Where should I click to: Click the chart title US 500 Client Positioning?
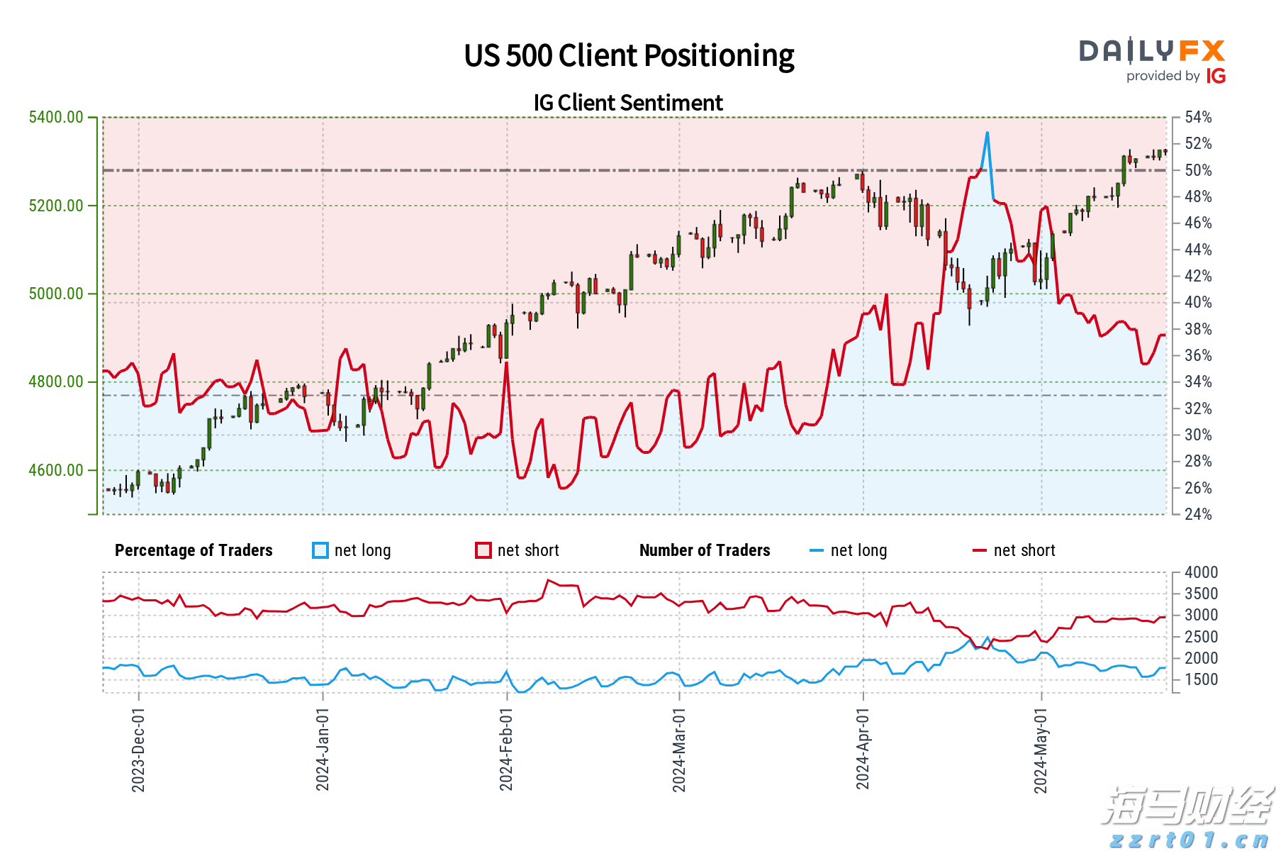point(629,56)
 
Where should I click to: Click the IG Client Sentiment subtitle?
point(628,103)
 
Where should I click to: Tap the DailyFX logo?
point(1152,51)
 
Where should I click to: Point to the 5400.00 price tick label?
point(56,117)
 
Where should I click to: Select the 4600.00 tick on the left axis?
point(56,470)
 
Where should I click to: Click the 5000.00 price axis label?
point(56,294)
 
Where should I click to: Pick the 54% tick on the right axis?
point(1198,117)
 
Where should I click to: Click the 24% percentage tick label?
point(1198,514)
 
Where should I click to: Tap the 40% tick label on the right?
point(1198,302)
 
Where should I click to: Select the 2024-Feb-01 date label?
point(506,749)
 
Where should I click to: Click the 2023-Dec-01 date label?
point(138,750)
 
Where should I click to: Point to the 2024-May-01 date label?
point(1041,750)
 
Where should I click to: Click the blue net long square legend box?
point(320,550)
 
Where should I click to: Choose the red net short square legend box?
point(483,550)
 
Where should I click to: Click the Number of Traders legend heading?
point(705,550)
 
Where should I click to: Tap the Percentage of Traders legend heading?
point(194,550)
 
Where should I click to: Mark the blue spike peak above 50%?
point(987,133)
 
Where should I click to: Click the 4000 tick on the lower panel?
point(1201,572)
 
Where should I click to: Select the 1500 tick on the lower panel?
point(1201,679)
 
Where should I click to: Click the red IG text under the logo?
point(1216,76)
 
